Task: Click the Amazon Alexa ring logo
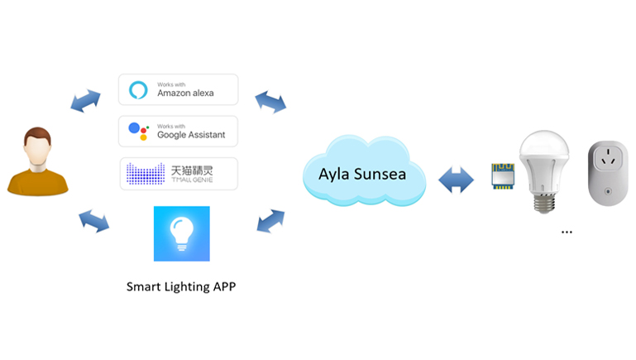click(x=138, y=90)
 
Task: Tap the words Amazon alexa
click(x=185, y=93)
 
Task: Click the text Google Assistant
click(x=191, y=135)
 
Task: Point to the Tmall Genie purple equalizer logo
click(x=146, y=174)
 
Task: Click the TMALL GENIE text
click(x=192, y=180)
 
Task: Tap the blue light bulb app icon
click(x=182, y=233)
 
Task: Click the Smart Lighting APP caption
click(x=181, y=286)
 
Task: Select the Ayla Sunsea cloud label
click(x=362, y=174)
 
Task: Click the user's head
click(x=37, y=146)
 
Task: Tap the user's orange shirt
click(x=38, y=183)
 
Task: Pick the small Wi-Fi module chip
click(x=503, y=176)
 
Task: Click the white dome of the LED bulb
click(x=544, y=146)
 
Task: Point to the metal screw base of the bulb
click(x=544, y=203)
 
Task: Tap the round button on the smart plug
click(x=608, y=191)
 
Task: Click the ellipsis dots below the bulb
click(x=567, y=233)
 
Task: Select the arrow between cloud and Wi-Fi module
click(x=456, y=180)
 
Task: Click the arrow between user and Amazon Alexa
click(x=85, y=101)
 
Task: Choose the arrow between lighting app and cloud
click(x=270, y=221)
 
